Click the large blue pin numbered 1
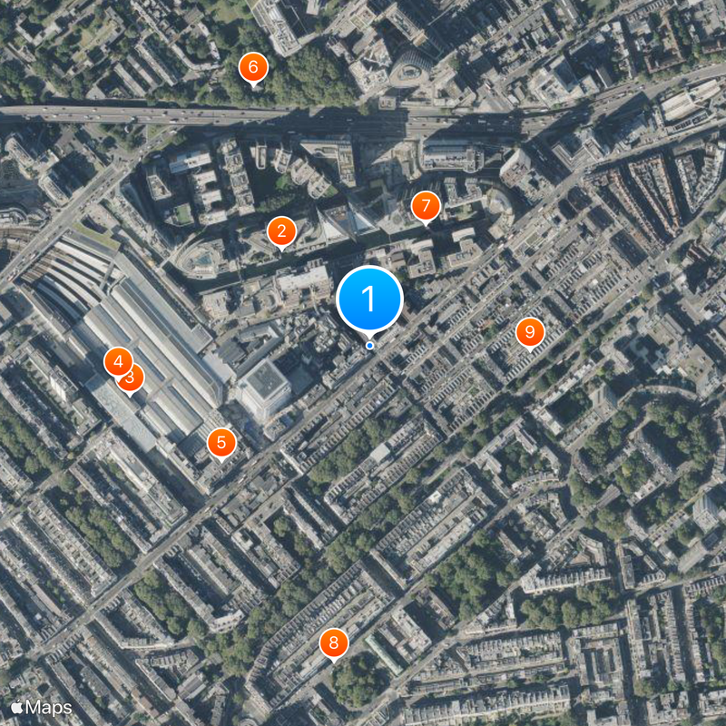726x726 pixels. [369, 298]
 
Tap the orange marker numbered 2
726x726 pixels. [281, 232]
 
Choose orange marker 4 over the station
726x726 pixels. [117, 362]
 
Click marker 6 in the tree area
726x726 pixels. [252, 66]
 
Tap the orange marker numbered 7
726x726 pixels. [425, 207]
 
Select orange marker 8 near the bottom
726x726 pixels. [334, 643]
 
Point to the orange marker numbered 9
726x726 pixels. [529, 332]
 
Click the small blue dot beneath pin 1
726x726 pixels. [369, 345]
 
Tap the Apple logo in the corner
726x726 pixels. [16, 707]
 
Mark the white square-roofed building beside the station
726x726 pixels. [264, 388]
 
